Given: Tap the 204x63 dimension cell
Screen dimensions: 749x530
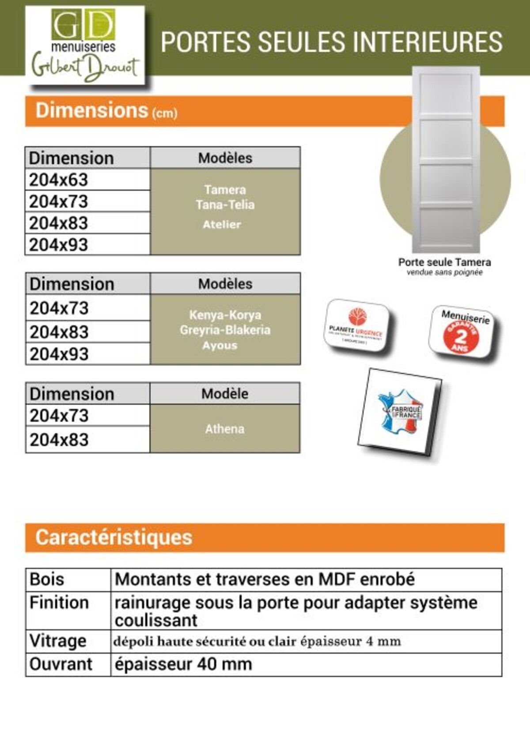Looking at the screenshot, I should [59, 180].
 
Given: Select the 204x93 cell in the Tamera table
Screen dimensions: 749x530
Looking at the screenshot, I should [59, 245].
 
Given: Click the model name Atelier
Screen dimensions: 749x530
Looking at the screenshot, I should [222, 225].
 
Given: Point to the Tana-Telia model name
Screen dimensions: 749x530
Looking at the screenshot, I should [225, 205].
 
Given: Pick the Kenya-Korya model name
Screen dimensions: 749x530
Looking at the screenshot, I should [225, 315].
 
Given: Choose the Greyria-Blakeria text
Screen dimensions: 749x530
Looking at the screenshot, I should [225, 330].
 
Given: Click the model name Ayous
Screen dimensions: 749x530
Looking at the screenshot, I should [220, 346].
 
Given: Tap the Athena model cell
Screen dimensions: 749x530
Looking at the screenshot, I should [224, 429].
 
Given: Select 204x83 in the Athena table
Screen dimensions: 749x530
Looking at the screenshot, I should [59, 440].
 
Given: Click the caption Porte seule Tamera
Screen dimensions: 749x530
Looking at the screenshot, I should [444, 262].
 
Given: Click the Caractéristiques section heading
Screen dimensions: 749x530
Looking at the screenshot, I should [114, 538].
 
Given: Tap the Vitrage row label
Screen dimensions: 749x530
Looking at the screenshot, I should [58, 641].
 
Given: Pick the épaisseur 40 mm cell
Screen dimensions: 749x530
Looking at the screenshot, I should [183, 664].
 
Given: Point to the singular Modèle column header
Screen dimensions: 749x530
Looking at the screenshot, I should [225, 394].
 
